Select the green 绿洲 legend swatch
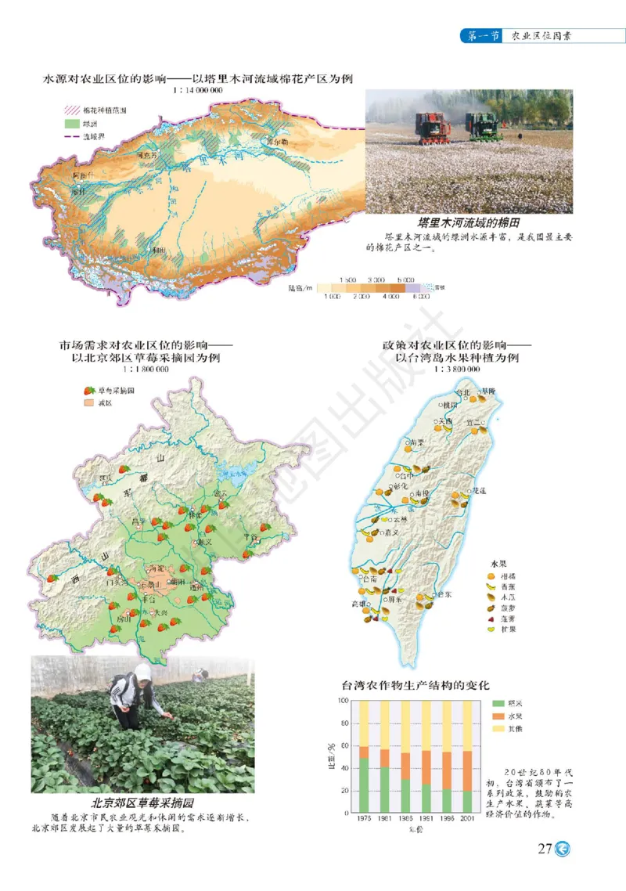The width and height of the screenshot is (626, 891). [x=71, y=124]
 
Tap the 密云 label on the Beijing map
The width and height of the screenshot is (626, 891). [x=221, y=493]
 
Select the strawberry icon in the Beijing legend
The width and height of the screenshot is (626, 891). [x=89, y=390]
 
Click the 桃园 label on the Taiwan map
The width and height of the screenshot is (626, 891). [x=450, y=406]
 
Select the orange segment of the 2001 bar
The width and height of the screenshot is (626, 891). [x=467, y=771]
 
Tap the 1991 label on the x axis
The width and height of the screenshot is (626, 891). [x=426, y=819]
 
